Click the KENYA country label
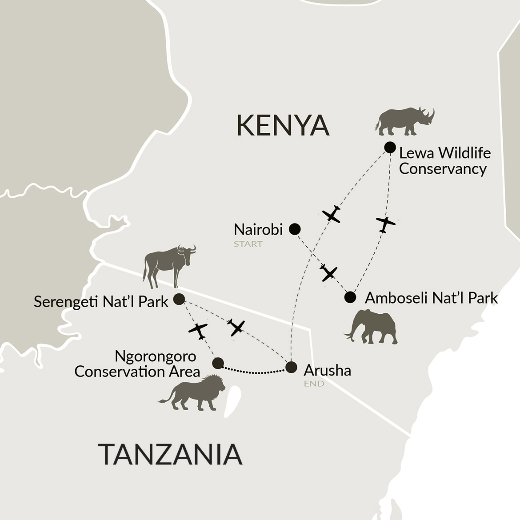tap(283, 125)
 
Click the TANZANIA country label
tap(171, 454)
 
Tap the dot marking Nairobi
tap(295, 229)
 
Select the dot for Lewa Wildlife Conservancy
tap(390, 148)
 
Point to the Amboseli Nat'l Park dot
tap(350, 297)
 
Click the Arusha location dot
tap(291, 367)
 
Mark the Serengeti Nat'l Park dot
tap(179, 299)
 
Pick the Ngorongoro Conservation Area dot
tap(217, 364)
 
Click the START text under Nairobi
tap(248, 244)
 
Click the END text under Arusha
tap(314, 384)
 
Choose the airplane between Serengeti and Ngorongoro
tap(198, 330)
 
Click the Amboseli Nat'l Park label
tap(431, 298)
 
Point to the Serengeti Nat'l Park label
tap(101, 302)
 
